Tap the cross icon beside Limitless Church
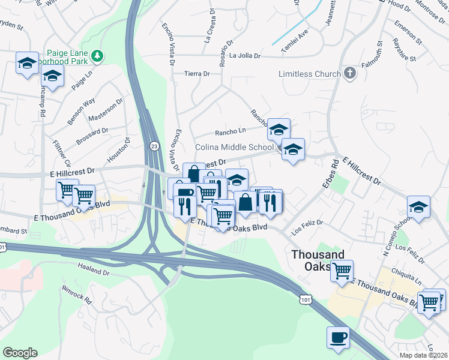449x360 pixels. [x=349, y=74]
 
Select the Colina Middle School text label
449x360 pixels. [x=234, y=147]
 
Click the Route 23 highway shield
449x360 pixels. [x=154, y=146]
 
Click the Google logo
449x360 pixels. [x=20, y=353]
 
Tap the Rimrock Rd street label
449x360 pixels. [x=76, y=293]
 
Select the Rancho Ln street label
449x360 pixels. [x=231, y=131]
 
